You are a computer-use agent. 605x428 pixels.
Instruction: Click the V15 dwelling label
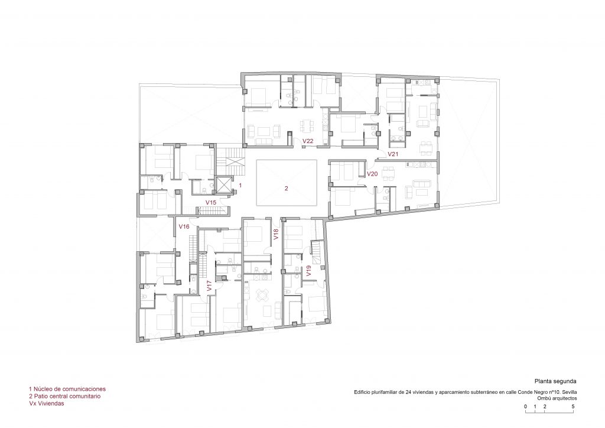(211, 202)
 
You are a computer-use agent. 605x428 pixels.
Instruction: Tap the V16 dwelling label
(184, 226)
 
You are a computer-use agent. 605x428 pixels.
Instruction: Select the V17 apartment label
(209, 286)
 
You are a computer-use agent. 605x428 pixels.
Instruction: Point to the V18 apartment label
(276, 235)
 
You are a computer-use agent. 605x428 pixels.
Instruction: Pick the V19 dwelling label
(308, 271)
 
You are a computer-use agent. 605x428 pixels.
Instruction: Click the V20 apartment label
(372, 174)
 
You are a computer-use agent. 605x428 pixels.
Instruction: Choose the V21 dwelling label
(393, 154)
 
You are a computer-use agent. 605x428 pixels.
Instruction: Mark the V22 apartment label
(308, 141)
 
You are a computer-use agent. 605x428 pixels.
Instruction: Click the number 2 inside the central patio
(287, 189)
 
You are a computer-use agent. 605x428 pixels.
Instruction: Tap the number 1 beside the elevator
(240, 185)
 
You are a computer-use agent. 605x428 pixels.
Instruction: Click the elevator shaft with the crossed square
(223, 185)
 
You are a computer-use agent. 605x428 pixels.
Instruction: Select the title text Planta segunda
(555, 381)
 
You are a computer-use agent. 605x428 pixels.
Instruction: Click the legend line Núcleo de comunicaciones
(67, 389)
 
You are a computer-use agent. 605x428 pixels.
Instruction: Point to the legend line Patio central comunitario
(64, 396)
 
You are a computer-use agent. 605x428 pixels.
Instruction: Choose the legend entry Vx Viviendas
(46, 403)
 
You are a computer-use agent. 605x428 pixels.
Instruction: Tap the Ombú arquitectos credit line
(557, 398)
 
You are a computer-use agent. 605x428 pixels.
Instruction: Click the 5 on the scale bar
(573, 406)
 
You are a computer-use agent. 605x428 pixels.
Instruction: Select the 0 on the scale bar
(525, 406)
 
